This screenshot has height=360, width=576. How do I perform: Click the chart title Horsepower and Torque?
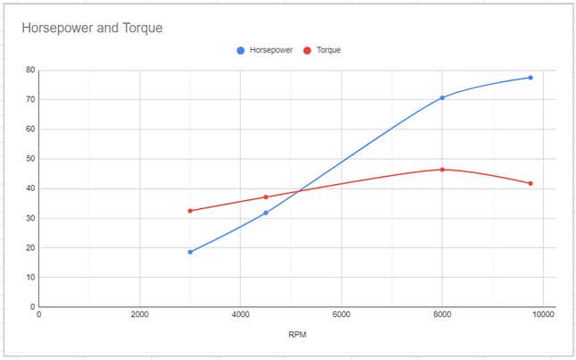[x=92, y=28]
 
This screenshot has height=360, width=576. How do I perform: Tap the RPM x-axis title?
[x=297, y=337]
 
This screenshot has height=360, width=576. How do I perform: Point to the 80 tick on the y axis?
[x=30, y=70]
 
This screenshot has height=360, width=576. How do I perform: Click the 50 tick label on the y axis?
[x=30, y=159]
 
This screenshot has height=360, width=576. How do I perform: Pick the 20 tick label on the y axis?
[x=30, y=247]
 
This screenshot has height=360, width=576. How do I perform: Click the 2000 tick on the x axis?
[x=139, y=314]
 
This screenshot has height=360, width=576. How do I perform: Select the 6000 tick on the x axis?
[x=341, y=314]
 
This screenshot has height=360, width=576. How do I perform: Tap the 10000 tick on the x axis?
[x=541, y=314]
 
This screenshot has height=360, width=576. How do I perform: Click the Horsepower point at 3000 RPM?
[x=190, y=252]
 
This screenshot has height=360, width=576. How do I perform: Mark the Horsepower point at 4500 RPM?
[x=265, y=213]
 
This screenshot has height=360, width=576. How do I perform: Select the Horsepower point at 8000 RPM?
[x=442, y=97]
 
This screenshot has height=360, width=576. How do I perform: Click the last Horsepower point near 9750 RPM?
[x=530, y=78]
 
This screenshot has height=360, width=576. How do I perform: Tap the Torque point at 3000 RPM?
[x=190, y=211]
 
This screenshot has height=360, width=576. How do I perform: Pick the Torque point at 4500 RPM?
[x=265, y=197]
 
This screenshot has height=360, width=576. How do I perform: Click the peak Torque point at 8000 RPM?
[x=442, y=169]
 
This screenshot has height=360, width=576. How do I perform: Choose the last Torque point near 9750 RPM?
[x=530, y=183]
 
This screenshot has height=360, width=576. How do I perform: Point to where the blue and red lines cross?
[x=296, y=191]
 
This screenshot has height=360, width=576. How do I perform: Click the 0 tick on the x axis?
[x=38, y=314]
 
